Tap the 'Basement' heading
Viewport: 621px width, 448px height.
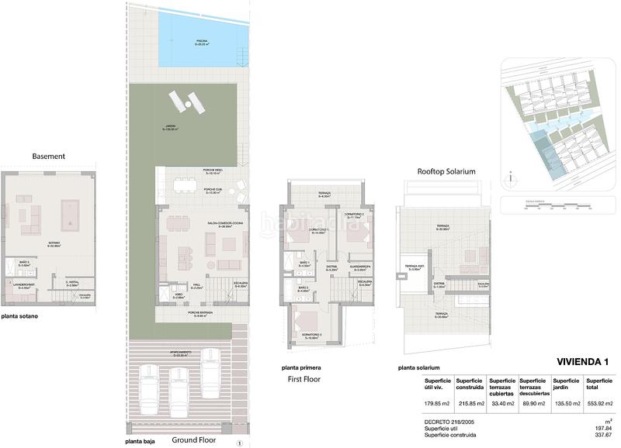click(48, 156)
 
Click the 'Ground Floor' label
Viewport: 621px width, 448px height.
click(193, 439)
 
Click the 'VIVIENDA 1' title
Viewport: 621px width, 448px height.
click(584, 362)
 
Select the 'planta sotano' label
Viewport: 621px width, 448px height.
click(19, 316)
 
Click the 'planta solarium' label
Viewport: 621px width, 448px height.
click(418, 367)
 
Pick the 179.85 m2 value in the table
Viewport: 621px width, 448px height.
click(437, 404)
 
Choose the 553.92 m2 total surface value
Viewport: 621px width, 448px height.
click(600, 404)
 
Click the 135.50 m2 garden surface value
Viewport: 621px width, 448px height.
click(567, 404)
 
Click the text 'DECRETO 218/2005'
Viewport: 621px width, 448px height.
click(449, 419)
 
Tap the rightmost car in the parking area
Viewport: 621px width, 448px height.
click(210, 364)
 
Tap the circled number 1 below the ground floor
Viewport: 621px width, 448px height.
click(240, 443)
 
